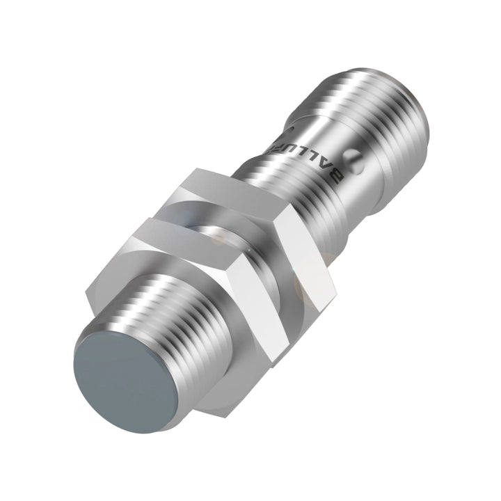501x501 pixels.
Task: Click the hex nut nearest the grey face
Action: click(209, 306)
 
